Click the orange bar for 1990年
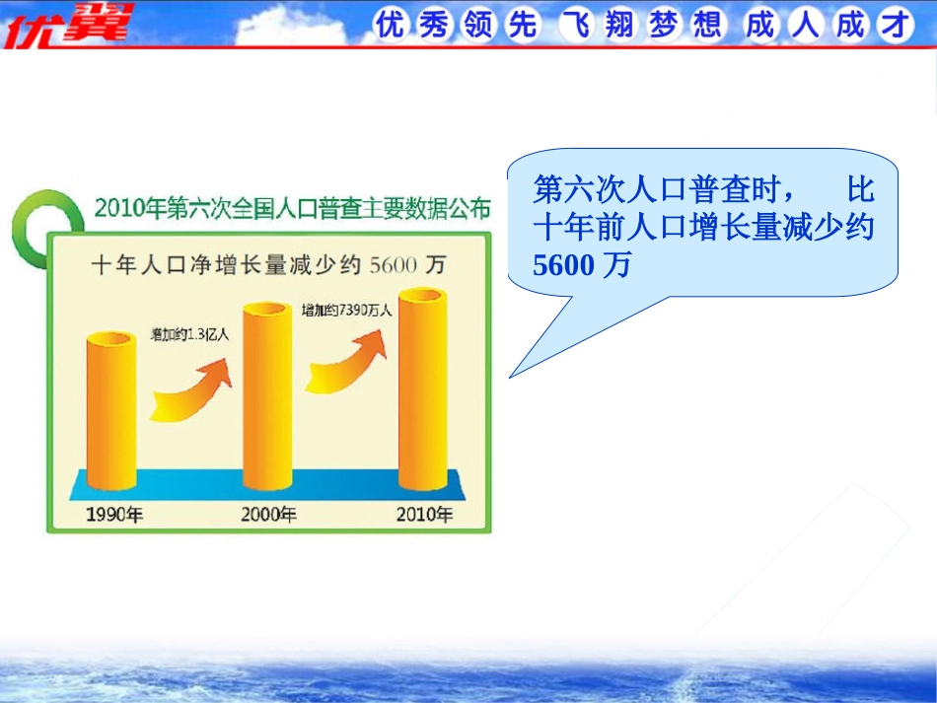(x=111, y=411)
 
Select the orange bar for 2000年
(x=267, y=396)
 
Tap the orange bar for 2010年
(x=423, y=388)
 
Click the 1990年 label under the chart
(x=114, y=515)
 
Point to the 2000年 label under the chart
(x=269, y=514)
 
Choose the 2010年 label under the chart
(x=424, y=514)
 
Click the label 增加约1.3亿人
(x=189, y=334)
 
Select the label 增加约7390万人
(x=347, y=311)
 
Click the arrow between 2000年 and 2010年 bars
(x=346, y=365)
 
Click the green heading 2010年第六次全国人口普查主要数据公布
(x=293, y=208)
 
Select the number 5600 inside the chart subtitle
(x=394, y=264)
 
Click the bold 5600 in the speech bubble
(x=563, y=265)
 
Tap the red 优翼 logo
(x=67, y=25)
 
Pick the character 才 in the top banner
(x=895, y=25)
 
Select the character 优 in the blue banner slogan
(x=391, y=25)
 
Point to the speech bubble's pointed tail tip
(x=509, y=378)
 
